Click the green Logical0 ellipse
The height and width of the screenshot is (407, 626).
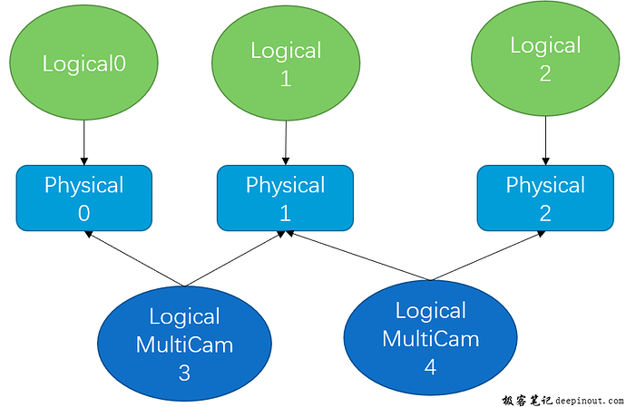pyautogui.click(x=83, y=63)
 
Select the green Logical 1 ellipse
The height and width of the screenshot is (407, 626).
pyautogui.click(x=286, y=63)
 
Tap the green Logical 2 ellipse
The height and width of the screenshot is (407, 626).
pyautogui.click(x=544, y=60)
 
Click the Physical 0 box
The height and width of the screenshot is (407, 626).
pyautogui.click(x=83, y=198)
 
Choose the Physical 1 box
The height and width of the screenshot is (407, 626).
pyautogui.click(x=285, y=198)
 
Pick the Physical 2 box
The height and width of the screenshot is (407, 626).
pyautogui.click(x=544, y=198)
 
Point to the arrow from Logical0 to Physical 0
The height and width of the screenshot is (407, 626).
pyautogui.click(x=83, y=143)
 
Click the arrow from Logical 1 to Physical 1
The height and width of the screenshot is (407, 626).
pyautogui.click(x=286, y=143)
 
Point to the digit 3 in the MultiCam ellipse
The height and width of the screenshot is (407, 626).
pyautogui.click(x=184, y=372)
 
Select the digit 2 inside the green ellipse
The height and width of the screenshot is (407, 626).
pyautogui.click(x=544, y=74)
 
